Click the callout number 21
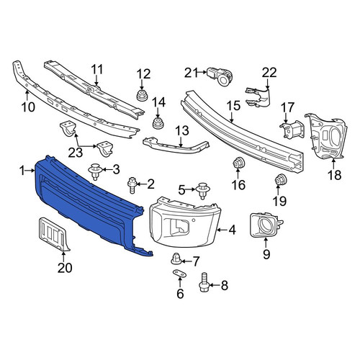pos(192,73)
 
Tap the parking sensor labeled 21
pos(220,75)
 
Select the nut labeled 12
pos(142,95)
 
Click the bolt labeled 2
pos(131,184)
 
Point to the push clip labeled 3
pos(96,171)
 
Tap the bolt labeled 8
pos(204,282)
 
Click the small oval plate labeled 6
pos(179,273)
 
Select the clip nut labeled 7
pos(175,259)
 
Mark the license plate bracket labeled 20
pos(53,233)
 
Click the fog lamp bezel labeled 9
pos(265,225)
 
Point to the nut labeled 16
pos(238,163)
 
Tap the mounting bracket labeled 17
pos(292,130)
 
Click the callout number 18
pos(335,175)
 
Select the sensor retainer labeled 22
pos(258,96)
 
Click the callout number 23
pos(76,153)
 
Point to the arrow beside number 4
pos(222,230)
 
